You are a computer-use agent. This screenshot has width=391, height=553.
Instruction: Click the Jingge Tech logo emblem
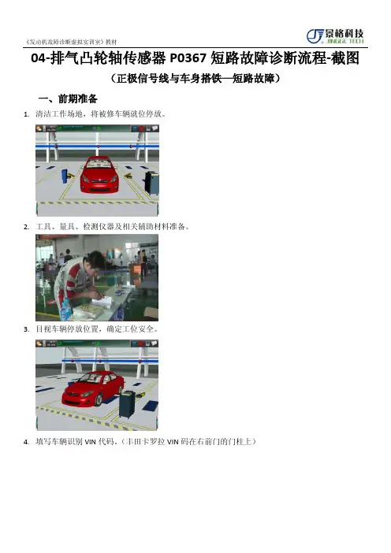[x=315, y=36]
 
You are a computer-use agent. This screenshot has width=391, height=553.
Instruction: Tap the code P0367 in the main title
[x=188, y=58]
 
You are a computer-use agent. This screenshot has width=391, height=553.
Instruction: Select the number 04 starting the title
[x=38, y=58]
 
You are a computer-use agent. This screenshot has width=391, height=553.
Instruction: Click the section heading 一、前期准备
[x=68, y=98]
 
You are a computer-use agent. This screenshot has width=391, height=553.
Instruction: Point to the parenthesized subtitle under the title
[x=195, y=78]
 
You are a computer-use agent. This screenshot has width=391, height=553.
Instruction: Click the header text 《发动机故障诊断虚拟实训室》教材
[x=71, y=42]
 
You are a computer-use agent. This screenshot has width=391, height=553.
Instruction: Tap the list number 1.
[x=26, y=114]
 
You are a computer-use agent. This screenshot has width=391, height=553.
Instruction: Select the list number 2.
[x=26, y=227]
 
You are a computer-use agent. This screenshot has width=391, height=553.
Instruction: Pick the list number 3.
[x=26, y=329]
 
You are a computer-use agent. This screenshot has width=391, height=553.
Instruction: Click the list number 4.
[x=26, y=442]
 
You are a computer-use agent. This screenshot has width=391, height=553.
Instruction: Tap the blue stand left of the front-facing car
[x=64, y=176]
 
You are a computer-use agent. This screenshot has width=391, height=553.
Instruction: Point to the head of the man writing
[x=96, y=261]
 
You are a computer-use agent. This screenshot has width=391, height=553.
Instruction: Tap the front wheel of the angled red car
[x=98, y=399]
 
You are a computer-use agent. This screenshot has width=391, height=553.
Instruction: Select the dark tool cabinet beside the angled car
[x=127, y=404]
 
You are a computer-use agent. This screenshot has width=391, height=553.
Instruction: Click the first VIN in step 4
[x=91, y=442]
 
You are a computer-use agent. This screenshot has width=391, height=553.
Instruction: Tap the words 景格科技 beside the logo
[x=344, y=34]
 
